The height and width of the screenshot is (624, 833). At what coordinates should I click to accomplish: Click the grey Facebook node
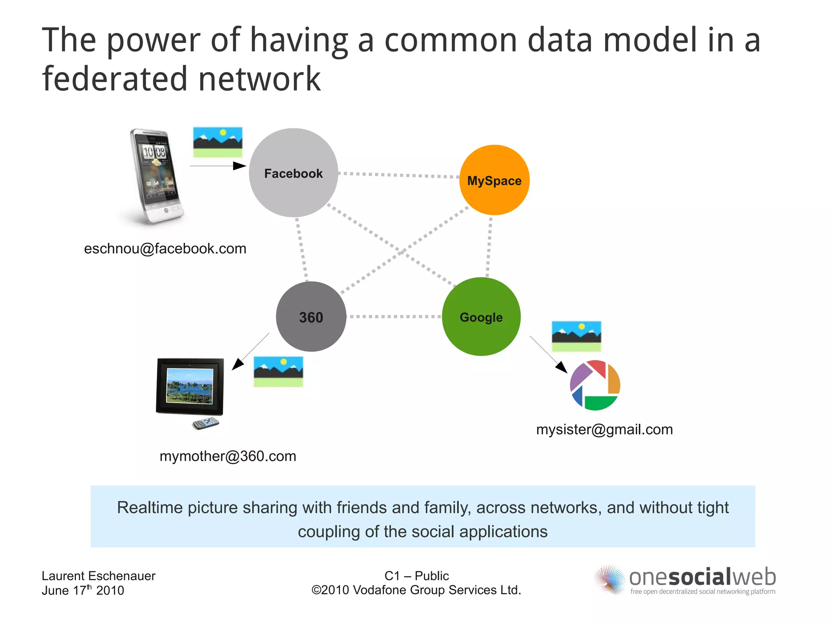pyautogui.click(x=293, y=173)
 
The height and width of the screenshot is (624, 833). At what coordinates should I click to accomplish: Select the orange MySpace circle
pyautogui.click(x=494, y=180)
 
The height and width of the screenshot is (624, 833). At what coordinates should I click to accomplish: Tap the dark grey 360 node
pyautogui.click(x=311, y=317)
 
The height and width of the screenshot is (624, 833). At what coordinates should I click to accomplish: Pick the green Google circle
pyautogui.click(x=481, y=317)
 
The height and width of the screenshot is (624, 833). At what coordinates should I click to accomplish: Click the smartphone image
pyautogui.click(x=154, y=176)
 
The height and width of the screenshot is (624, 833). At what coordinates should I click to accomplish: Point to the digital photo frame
pyautogui.click(x=190, y=387)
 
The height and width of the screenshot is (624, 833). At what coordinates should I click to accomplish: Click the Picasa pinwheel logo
pyautogui.click(x=595, y=385)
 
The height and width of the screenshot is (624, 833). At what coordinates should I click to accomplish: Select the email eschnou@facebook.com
pyautogui.click(x=165, y=248)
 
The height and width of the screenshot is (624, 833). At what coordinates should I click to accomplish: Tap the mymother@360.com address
pyautogui.click(x=228, y=456)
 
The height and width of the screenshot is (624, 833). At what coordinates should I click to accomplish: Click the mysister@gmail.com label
pyautogui.click(x=604, y=429)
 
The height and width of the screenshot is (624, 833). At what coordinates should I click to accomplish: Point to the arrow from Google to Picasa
pyautogui.click(x=548, y=354)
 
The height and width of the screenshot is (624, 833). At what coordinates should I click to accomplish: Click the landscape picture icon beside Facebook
pyautogui.click(x=218, y=142)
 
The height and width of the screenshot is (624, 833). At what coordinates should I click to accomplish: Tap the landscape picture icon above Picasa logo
pyautogui.click(x=576, y=336)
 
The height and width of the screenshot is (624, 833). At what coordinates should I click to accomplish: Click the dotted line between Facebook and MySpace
pyautogui.click(x=399, y=175)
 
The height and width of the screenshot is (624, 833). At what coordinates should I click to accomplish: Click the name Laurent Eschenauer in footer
pyautogui.click(x=98, y=576)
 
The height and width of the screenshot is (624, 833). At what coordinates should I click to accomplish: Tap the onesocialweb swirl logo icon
pyautogui.click(x=609, y=579)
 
